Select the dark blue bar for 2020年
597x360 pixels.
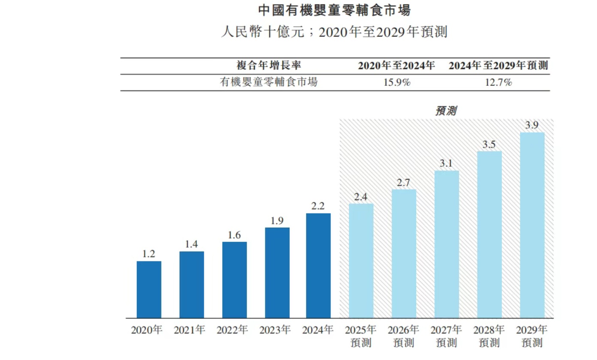point(149,290)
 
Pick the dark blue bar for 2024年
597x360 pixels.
point(318,266)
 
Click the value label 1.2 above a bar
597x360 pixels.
point(148,254)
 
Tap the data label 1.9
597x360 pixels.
point(277,220)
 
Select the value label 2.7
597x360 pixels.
point(404,182)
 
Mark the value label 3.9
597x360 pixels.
point(532,125)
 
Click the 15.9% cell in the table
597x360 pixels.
point(397,83)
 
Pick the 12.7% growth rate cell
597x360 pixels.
point(498,83)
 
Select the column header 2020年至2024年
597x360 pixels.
point(397,66)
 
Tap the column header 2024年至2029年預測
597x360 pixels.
point(498,66)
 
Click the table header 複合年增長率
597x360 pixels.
point(269,66)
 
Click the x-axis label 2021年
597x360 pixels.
point(190,330)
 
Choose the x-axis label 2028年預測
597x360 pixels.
point(489,336)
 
